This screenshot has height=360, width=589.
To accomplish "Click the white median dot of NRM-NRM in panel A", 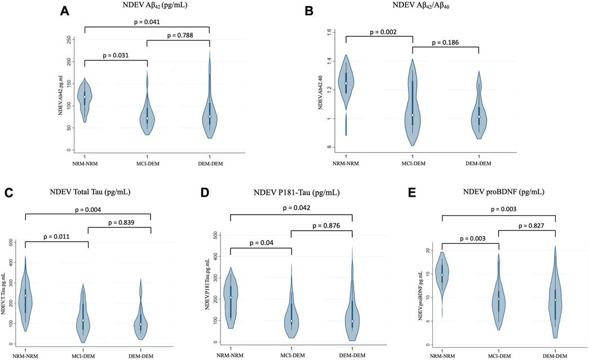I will pos(85,97).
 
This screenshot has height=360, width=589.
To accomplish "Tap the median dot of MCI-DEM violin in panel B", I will pos(413,115).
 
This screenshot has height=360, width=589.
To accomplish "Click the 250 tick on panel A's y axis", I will pos(68,39).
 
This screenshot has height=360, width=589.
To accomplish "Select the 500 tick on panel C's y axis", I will pos(14,242).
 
